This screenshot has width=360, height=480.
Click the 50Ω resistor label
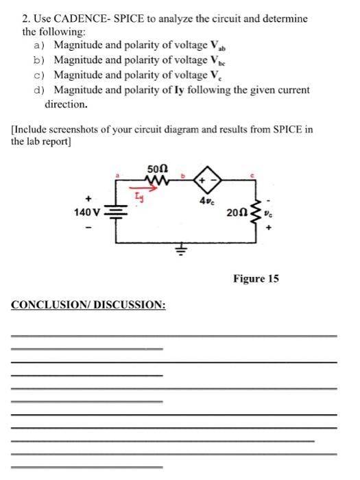click(156, 169)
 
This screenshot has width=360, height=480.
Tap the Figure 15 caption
click(256, 279)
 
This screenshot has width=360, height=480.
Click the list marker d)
click(38, 90)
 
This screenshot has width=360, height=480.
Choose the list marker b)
click(38, 60)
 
